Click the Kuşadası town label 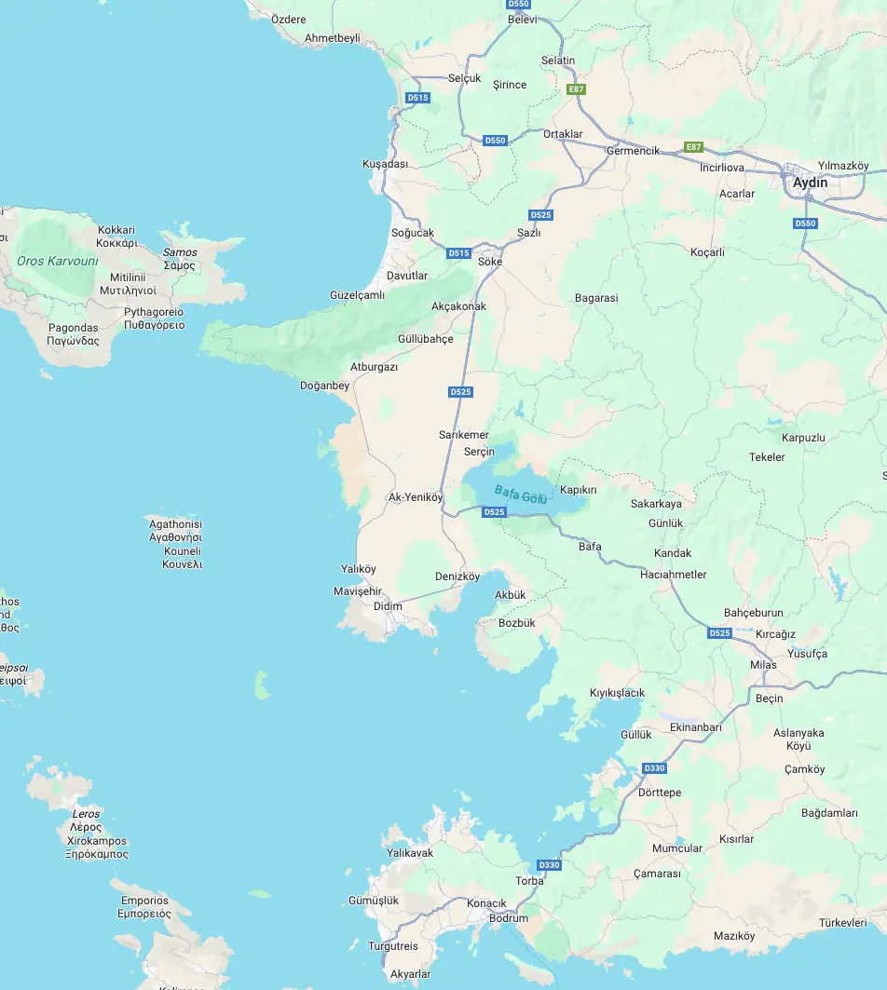pos(385,164)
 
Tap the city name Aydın pos(810,183)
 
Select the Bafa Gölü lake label pos(521,494)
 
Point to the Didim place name pos(388,606)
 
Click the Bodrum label pos(509,918)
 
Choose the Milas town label pos(763,665)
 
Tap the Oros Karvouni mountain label pos(57,261)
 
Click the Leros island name pos(86,814)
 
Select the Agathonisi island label pos(175,524)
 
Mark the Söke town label pos(490,262)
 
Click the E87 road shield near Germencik pos(692,147)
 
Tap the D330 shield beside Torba pos(550,865)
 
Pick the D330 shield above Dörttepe pos(655,768)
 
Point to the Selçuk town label pos(464,78)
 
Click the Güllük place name pos(636,734)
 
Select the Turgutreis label pos(392,946)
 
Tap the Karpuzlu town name pos(803,438)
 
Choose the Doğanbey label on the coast pos(324,386)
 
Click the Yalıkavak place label pos(410,853)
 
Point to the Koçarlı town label pos(707,252)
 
